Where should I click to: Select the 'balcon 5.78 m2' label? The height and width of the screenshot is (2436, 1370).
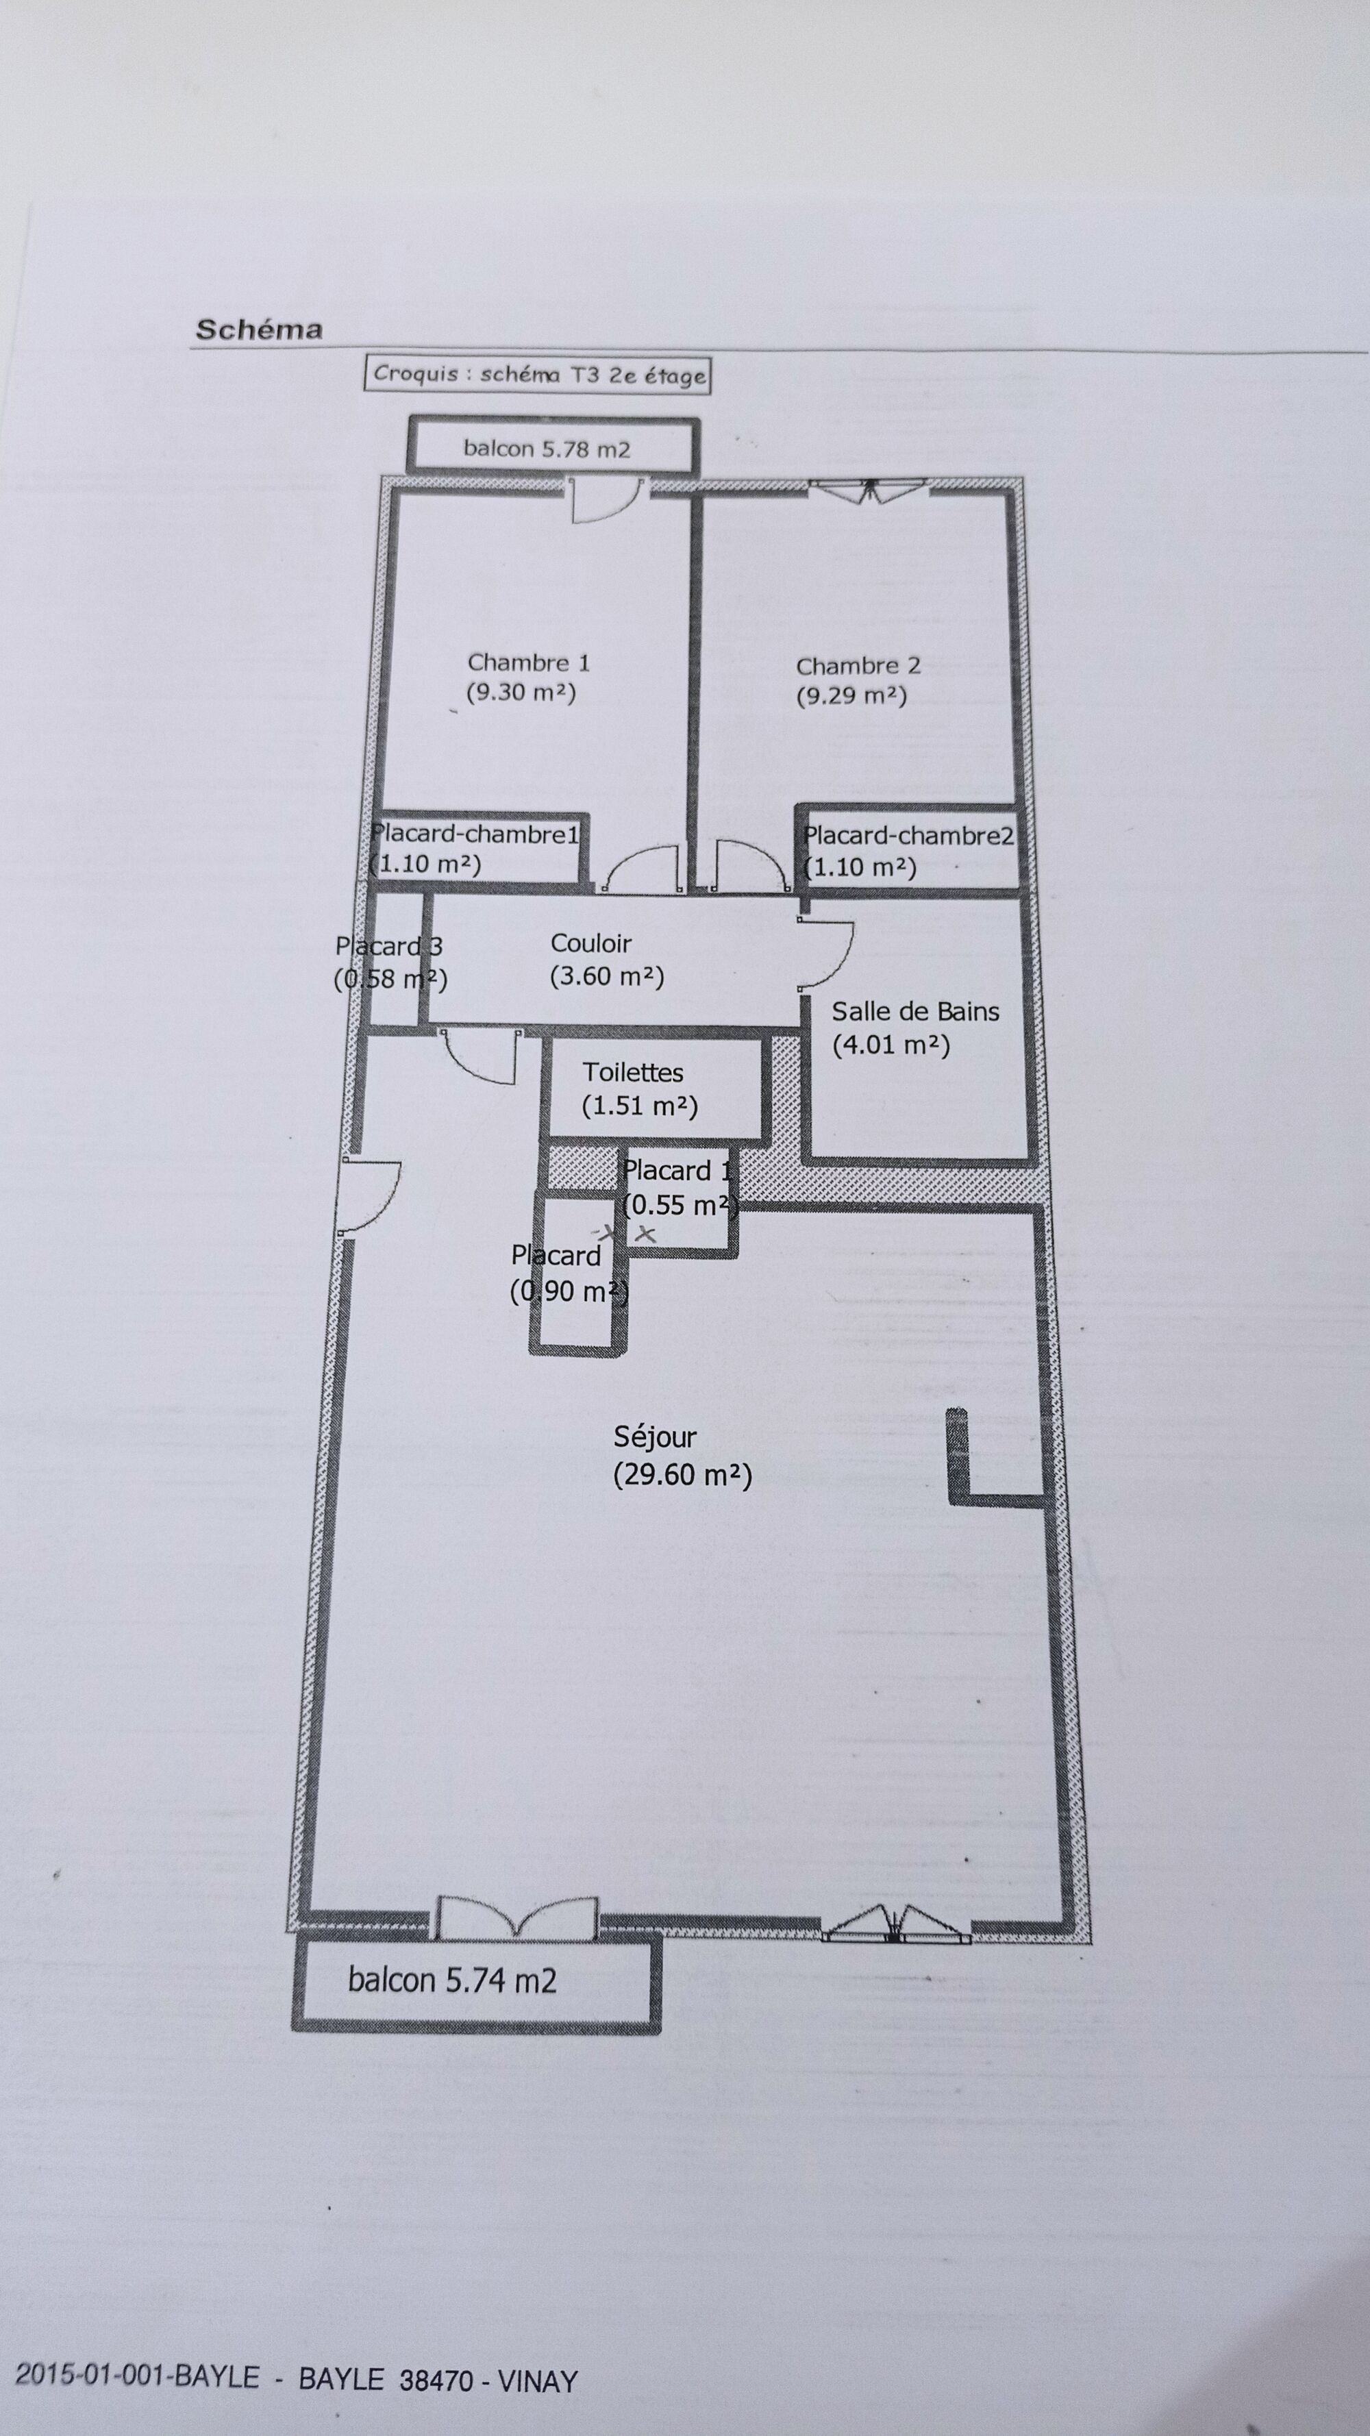(547, 448)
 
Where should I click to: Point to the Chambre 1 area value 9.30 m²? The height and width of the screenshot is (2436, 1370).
(521, 692)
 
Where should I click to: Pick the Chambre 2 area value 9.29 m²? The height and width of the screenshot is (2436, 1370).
(851, 696)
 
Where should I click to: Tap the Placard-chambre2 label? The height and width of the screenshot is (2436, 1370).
(908, 835)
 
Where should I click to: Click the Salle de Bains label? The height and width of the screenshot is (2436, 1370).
(915, 1012)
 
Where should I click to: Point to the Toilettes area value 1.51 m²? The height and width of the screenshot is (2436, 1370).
(639, 1106)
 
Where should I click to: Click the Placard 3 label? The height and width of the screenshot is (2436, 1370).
(388, 945)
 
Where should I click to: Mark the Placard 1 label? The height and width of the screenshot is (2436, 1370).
(677, 1171)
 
